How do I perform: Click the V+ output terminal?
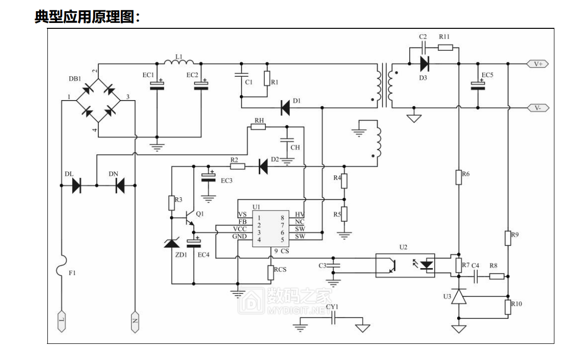(x=538, y=64)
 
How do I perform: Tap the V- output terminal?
(x=538, y=108)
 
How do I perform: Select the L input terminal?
(x=62, y=321)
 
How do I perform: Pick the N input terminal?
(x=135, y=321)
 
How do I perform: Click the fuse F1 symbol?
(x=62, y=266)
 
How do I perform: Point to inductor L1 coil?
(x=179, y=62)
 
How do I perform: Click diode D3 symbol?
(x=424, y=64)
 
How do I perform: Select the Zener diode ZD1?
(x=172, y=243)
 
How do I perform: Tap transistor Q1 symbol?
(x=189, y=218)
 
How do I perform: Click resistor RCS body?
(x=271, y=273)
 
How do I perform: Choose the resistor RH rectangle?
(x=258, y=127)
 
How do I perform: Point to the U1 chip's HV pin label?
(x=300, y=214)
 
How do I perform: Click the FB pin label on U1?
(x=243, y=222)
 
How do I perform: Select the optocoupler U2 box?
(x=405, y=265)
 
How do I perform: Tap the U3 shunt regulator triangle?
(x=459, y=296)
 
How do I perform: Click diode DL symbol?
(x=77, y=186)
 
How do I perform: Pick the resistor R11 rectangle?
(x=445, y=47)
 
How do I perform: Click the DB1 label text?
(x=75, y=79)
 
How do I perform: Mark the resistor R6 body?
(x=459, y=177)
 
